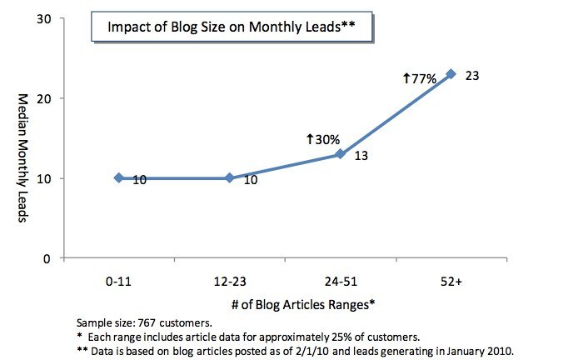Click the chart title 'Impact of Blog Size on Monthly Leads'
[232, 27]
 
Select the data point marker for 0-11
[119, 177]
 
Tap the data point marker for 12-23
[230, 177]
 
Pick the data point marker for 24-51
[341, 154]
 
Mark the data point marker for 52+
[451, 73]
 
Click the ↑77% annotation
[420, 78]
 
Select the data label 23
[473, 75]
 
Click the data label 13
[361, 156]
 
